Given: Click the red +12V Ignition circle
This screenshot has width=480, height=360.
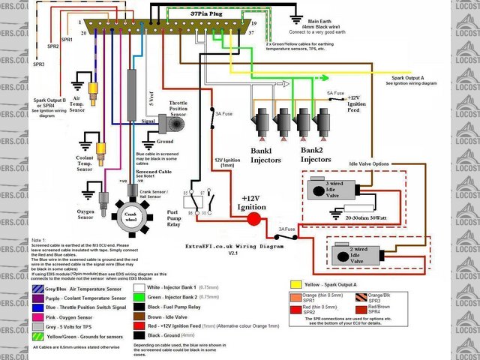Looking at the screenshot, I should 253,219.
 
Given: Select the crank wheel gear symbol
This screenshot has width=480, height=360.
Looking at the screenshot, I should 131,214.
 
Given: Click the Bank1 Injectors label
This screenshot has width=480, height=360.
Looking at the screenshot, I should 265,155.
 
